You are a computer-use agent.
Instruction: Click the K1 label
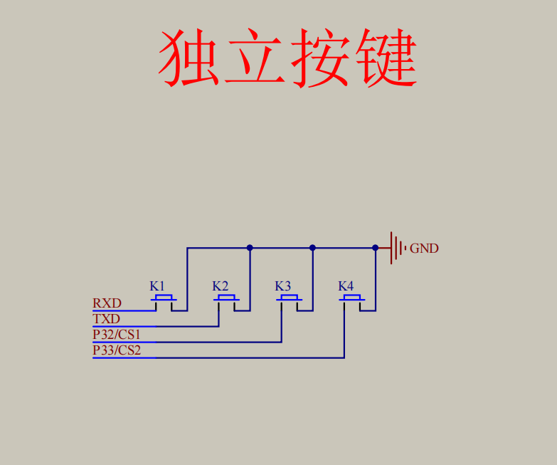pos(157,286)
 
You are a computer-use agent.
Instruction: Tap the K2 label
pos(220,286)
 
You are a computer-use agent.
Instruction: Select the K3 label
pos(283,286)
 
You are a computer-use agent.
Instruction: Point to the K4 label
pos(346,286)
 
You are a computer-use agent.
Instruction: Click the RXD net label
pos(107,303)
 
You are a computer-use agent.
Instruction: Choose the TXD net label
pos(106,319)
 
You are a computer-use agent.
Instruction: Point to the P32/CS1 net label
pos(117,334)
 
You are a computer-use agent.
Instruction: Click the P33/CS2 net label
pos(117,350)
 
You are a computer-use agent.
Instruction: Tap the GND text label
pos(424,249)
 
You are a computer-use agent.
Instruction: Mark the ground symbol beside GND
pos(397,248)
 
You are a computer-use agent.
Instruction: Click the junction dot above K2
pos(250,248)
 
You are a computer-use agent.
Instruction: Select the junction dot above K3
pos(312,248)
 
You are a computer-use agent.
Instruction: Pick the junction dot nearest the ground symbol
pos(375,248)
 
